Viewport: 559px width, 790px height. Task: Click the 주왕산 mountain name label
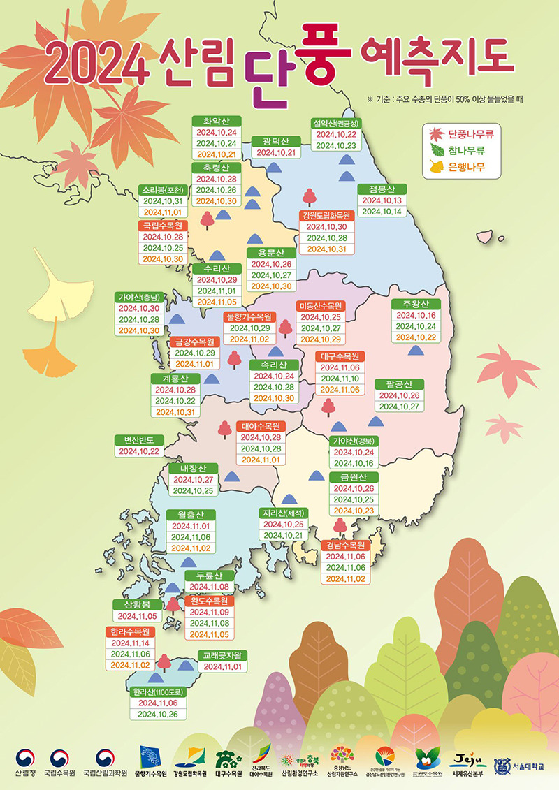(x=415, y=304)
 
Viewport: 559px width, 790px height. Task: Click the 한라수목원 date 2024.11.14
(x=131, y=643)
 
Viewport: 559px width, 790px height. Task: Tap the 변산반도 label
(x=138, y=440)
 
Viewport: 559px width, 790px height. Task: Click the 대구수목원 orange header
(x=340, y=356)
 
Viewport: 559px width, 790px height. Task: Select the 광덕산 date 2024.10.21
(x=276, y=153)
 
